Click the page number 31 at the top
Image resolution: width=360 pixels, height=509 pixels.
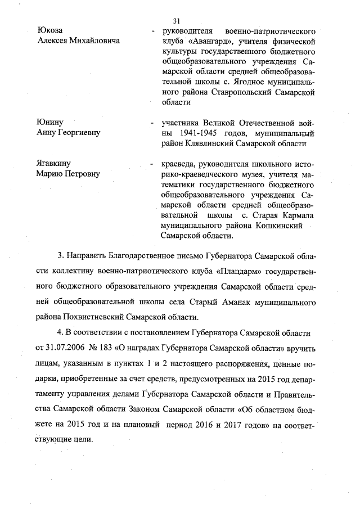(x=179, y=21)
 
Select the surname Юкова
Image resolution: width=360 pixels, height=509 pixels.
(x=49, y=30)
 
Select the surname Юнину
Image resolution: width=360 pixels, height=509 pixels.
(x=49, y=122)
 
